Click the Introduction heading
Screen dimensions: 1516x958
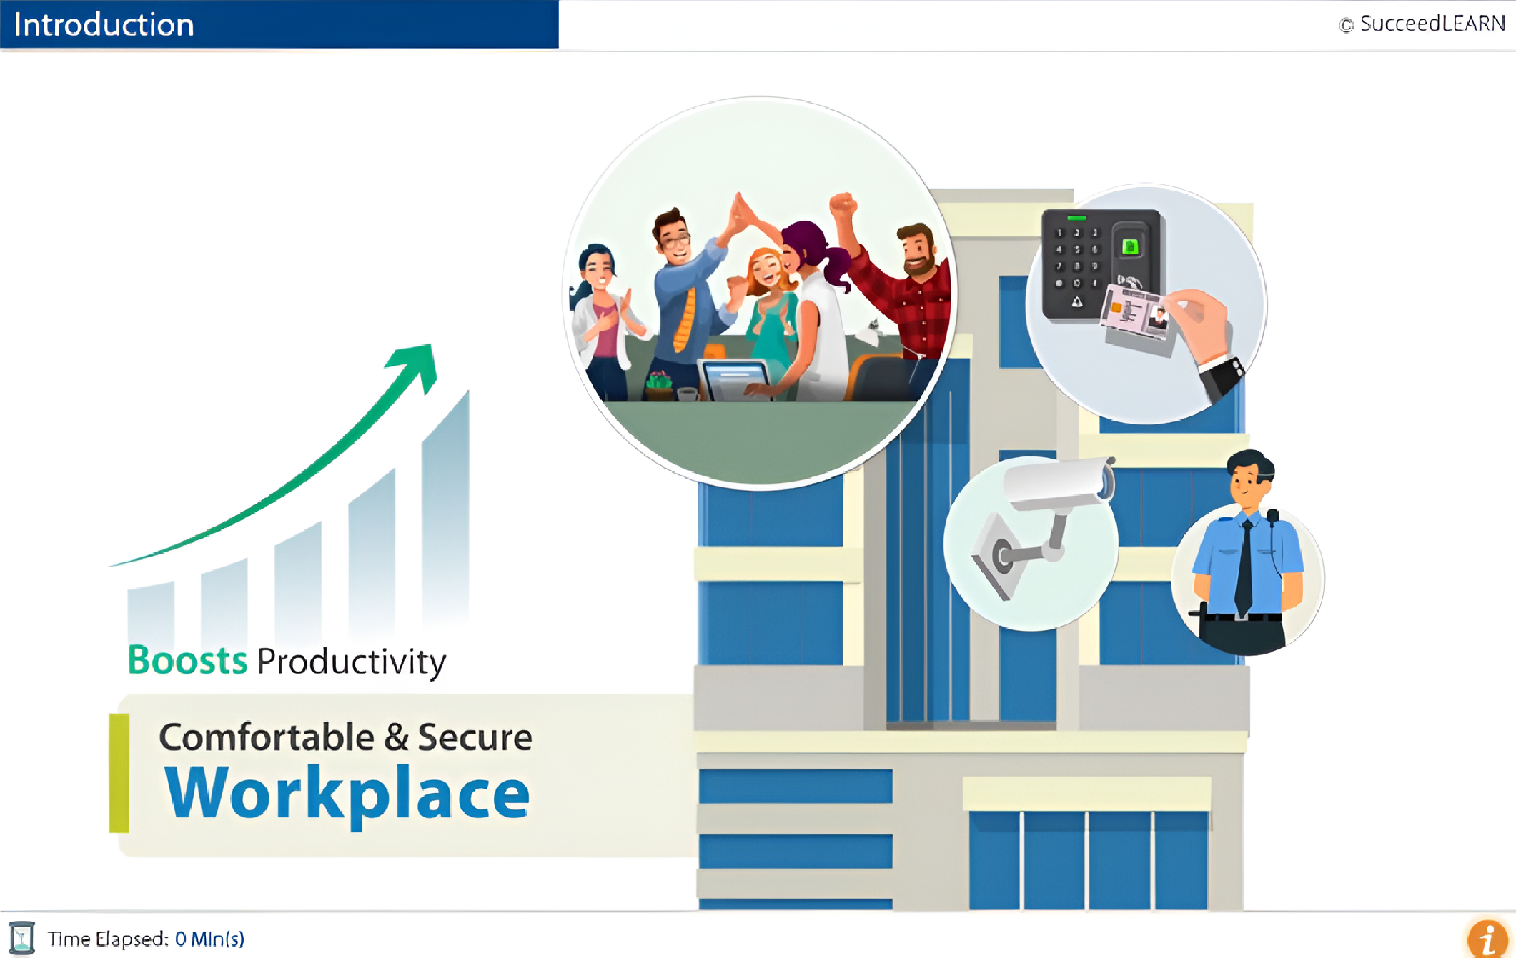pos(104,25)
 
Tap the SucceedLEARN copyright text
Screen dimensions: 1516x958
pos(1422,24)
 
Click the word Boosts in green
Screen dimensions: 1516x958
pos(187,659)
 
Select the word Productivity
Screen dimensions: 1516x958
pos(352,662)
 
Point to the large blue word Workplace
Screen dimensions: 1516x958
pos(347,794)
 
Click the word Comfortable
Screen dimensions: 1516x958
pos(267,737)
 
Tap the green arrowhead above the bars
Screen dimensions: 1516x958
pos(414,366)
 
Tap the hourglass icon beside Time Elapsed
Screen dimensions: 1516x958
pos(22,938)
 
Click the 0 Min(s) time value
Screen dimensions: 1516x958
pos(209,939)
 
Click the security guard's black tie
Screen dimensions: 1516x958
pos(1244,568)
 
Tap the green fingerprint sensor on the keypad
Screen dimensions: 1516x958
pos(1130,247)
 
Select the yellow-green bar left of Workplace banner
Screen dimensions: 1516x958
pos(119,773)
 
